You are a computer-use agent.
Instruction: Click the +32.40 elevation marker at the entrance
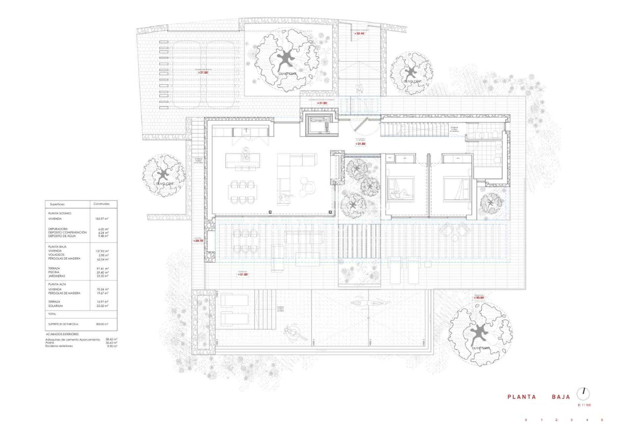point(359,33)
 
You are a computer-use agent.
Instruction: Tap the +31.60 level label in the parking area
point(203,73)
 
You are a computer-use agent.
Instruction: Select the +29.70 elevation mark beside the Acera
point(198,241)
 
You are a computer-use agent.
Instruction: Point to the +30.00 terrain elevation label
point(478,297)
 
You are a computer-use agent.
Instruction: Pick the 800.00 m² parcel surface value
point(102,324)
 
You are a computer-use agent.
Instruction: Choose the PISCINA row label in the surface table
point(54,272)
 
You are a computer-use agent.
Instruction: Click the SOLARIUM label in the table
point(55,306)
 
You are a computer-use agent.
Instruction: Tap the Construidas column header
point(101,204)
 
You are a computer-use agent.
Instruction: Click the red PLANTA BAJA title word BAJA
point(561,397)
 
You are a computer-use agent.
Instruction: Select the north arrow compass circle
point(583,394)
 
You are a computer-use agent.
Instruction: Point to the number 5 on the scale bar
point(602,420)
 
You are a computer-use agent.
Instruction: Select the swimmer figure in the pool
point(369,302)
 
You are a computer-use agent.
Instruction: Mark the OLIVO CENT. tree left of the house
point(164,174)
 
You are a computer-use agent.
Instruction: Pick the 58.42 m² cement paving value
point(111,340)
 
